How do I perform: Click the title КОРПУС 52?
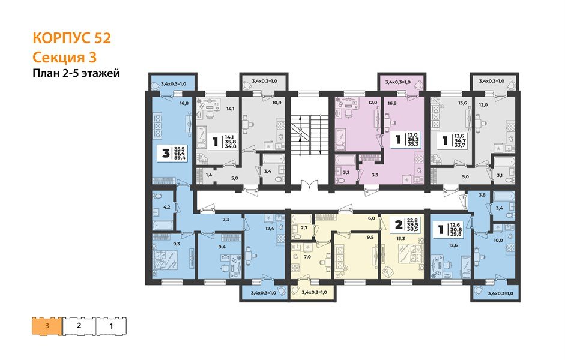(x=71, y=38)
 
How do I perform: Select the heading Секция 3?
(x=65, y=58)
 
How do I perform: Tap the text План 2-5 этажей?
(x=76, y=73)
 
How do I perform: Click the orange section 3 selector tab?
(x=47, y=326)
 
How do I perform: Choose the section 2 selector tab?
(x=79, y=326)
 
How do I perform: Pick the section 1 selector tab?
(x=111, y=326)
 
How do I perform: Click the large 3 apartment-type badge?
(x=166, y=154)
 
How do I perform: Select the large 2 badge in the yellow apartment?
(x=399, y=225)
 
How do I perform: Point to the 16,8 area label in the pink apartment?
(x=393, y=103)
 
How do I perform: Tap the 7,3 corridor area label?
(x=226, y=219)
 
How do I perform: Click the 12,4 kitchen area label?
(x=270, y=228)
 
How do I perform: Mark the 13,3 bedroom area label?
(x=400, y=238)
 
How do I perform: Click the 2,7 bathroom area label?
(x=304, y=228)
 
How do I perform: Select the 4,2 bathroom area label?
(x=166, y=207)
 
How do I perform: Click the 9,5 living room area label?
(x=370, y=238)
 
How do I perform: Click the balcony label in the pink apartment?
(x=398, y=82)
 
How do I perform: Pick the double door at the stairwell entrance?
(x=309, y=184)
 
